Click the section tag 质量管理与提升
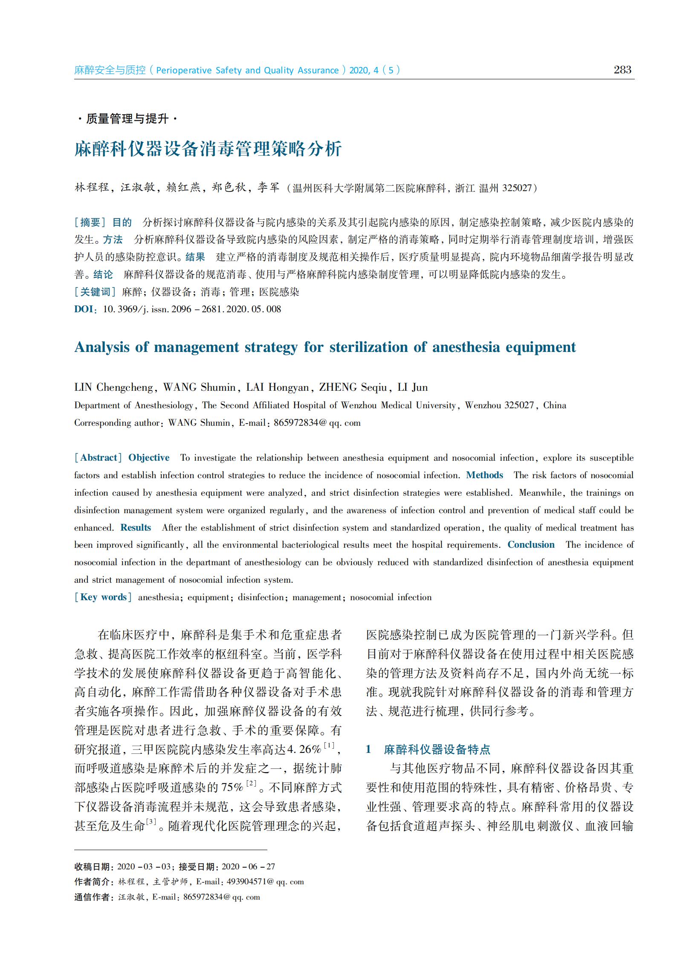pyautogui.click(x=127, y=119)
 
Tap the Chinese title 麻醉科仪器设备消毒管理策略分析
pyautogui.click(x=208, y=149)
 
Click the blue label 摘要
pyautogui.click(x=90, y=222)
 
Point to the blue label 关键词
pyautogui.click(x=95, y=292)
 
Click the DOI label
pyautogui.click(x=84, y=309)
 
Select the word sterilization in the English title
pyautogui.click(x=368, y=347)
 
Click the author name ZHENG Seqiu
pyautogui.click(x=353, y=387)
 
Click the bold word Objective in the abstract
pyautogui.click(x=148, y=458)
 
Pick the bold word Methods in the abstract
pyautogui.click(x=484, y=475)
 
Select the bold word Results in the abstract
pyautogui.click(x=135, y=527)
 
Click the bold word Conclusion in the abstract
pyautogui.click(x=531, y=544)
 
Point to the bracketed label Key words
pyautogui.click(x=103, y=597)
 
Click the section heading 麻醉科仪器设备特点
pyautogui.click(x=437, y=749)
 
